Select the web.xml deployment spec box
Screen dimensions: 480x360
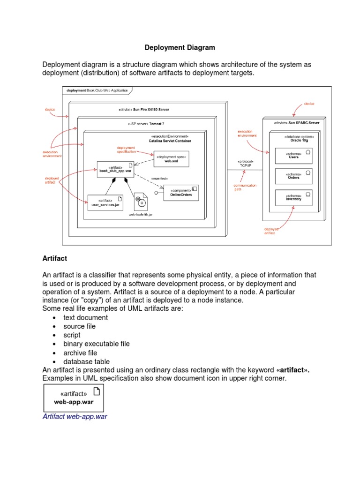171,158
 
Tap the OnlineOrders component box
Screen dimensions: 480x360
180,193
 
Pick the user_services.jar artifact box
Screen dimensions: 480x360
105,202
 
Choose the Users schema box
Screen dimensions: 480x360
294,155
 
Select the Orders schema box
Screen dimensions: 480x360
294,176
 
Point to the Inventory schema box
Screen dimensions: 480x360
294,197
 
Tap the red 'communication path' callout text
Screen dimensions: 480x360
245,187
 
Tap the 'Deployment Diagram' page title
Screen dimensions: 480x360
180,47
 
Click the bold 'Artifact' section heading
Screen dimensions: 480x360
55,258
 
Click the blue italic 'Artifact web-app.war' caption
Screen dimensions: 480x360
75,416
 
